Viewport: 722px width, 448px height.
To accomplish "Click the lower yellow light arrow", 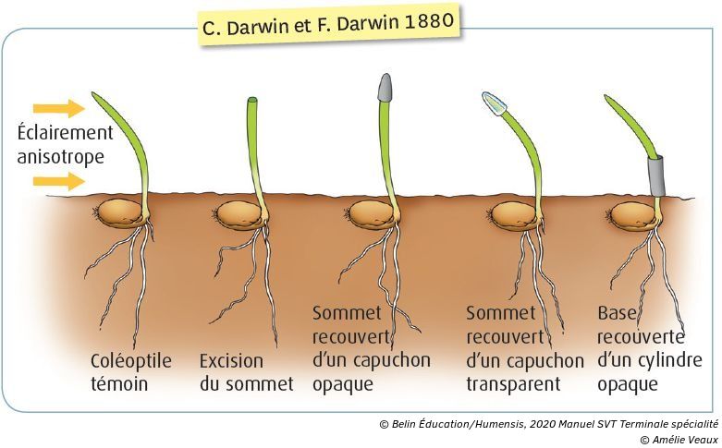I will [55, 180].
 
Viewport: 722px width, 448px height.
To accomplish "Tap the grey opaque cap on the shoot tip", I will [385, 87].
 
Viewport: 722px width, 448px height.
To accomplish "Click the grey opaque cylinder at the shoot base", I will [657, 175].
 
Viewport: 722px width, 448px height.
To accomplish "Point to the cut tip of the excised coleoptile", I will [251, 100].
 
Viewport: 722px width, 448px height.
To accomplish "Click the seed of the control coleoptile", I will [122, 215].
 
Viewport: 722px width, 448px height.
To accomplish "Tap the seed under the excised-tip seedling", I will [242, 215].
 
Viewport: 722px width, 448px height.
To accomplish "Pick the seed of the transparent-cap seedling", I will [514, 216].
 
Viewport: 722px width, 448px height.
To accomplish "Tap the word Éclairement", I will [65, 133].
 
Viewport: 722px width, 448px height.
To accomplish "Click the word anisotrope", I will [60, 156].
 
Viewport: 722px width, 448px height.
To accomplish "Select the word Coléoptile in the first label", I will [130, 360].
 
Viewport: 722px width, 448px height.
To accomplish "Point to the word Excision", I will [231, 360].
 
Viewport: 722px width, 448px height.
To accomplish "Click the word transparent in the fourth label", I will [514, 383].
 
